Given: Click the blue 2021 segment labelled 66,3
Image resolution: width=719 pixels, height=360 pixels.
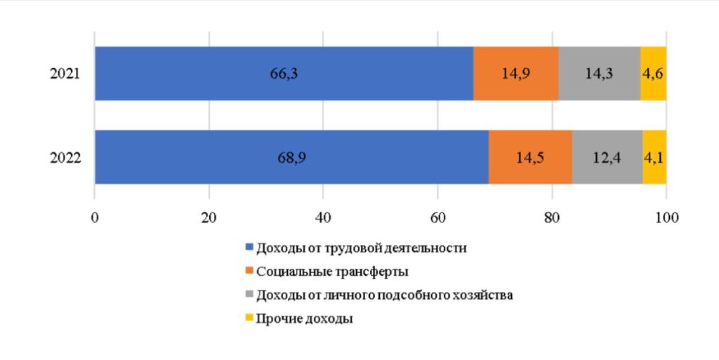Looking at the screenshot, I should click(284, 74).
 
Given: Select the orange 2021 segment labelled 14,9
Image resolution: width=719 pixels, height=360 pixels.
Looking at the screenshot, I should click(515, 74).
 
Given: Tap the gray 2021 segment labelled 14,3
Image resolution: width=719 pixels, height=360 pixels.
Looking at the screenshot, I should click(599, 74).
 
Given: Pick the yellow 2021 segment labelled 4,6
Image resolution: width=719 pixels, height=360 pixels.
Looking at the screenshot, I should click(653, 74).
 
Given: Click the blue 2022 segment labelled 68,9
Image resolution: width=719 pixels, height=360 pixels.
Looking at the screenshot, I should click(291, 157).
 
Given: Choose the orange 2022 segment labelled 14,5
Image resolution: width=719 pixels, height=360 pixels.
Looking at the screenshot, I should click(530, 157).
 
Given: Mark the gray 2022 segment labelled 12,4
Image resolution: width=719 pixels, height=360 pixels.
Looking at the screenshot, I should click(607, 157).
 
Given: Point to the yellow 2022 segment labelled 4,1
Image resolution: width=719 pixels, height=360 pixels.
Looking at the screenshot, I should click(654, 157).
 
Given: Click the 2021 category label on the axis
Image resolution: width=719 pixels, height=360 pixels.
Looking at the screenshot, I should click(65, 74).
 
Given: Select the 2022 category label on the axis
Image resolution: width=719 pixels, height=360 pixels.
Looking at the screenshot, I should click(65, 158).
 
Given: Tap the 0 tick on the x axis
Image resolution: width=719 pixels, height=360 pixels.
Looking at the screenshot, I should click(95, 218).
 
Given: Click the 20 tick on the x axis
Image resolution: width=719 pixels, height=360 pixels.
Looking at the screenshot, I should click(209, 218).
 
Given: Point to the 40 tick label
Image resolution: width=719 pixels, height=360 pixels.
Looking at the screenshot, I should click(323, 218).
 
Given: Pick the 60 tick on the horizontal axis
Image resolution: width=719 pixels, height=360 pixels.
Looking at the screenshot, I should click(437, 218).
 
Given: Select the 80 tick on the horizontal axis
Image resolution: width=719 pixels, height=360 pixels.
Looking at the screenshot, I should click(552, 218).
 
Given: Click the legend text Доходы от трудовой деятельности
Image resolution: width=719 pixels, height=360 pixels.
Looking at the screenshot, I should click(361, 248).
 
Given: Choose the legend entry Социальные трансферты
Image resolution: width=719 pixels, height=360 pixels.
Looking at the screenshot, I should click(332, 272).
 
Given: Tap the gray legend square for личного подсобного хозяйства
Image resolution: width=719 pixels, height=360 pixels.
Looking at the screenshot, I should click(249, 295).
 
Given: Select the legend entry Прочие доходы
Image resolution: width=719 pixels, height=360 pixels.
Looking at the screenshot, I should click(304, 319).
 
